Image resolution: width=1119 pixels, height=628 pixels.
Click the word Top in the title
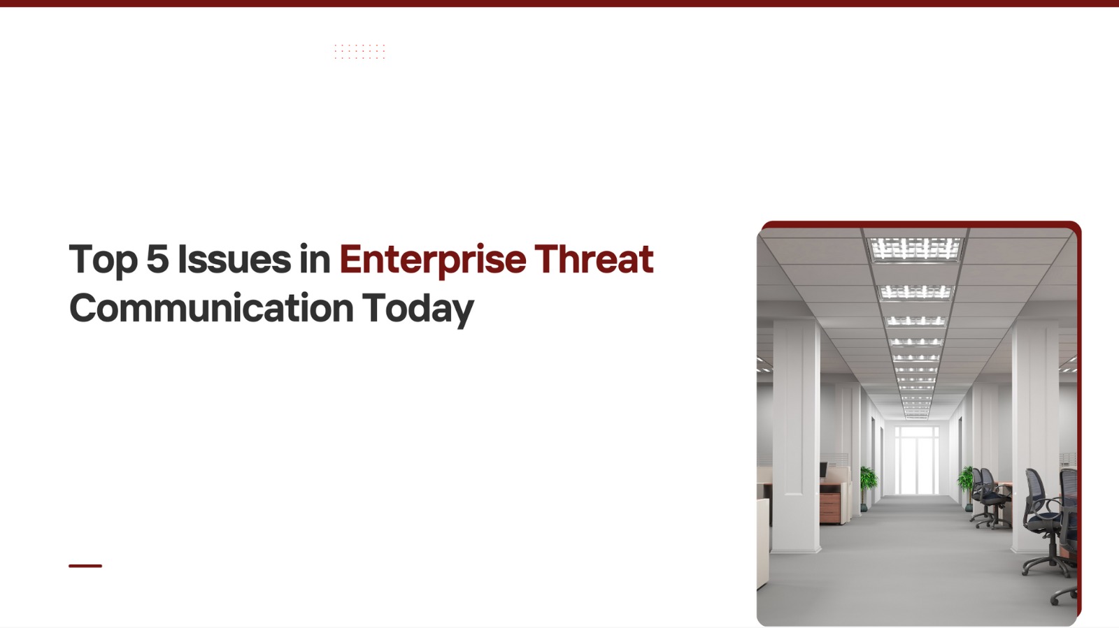(x=103, y=260)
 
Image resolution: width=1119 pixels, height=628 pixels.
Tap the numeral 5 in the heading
(x=157, y=258)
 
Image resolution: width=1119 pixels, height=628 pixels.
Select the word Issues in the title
(x=234, y=258)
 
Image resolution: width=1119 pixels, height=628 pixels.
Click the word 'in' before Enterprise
(x=315, y=258)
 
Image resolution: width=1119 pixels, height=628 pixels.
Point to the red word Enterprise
(x=433, y=260)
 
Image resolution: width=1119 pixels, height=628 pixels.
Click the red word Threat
(x=594, y=258)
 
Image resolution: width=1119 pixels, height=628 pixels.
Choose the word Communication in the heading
(x=211, y=308)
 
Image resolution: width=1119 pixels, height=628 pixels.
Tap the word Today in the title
(x=418, y=309)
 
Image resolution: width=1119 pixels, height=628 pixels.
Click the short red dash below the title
(x=85, y=566)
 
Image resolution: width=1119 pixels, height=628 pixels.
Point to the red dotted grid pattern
(x=359, y=52)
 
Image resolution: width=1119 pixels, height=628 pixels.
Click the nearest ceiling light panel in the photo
(x=915, y=249)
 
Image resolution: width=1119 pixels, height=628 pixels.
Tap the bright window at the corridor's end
(x=916, y=460)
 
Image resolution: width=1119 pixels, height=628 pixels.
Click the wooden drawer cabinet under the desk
(x=829, y=508)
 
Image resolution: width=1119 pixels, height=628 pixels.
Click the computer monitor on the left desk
(x=823, y=470)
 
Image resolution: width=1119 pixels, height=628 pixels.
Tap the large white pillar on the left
(x=796, y=437)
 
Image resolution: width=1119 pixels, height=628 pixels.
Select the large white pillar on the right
(x=1034, y=437)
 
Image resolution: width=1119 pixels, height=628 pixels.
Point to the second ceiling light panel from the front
(x=915, y=292)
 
